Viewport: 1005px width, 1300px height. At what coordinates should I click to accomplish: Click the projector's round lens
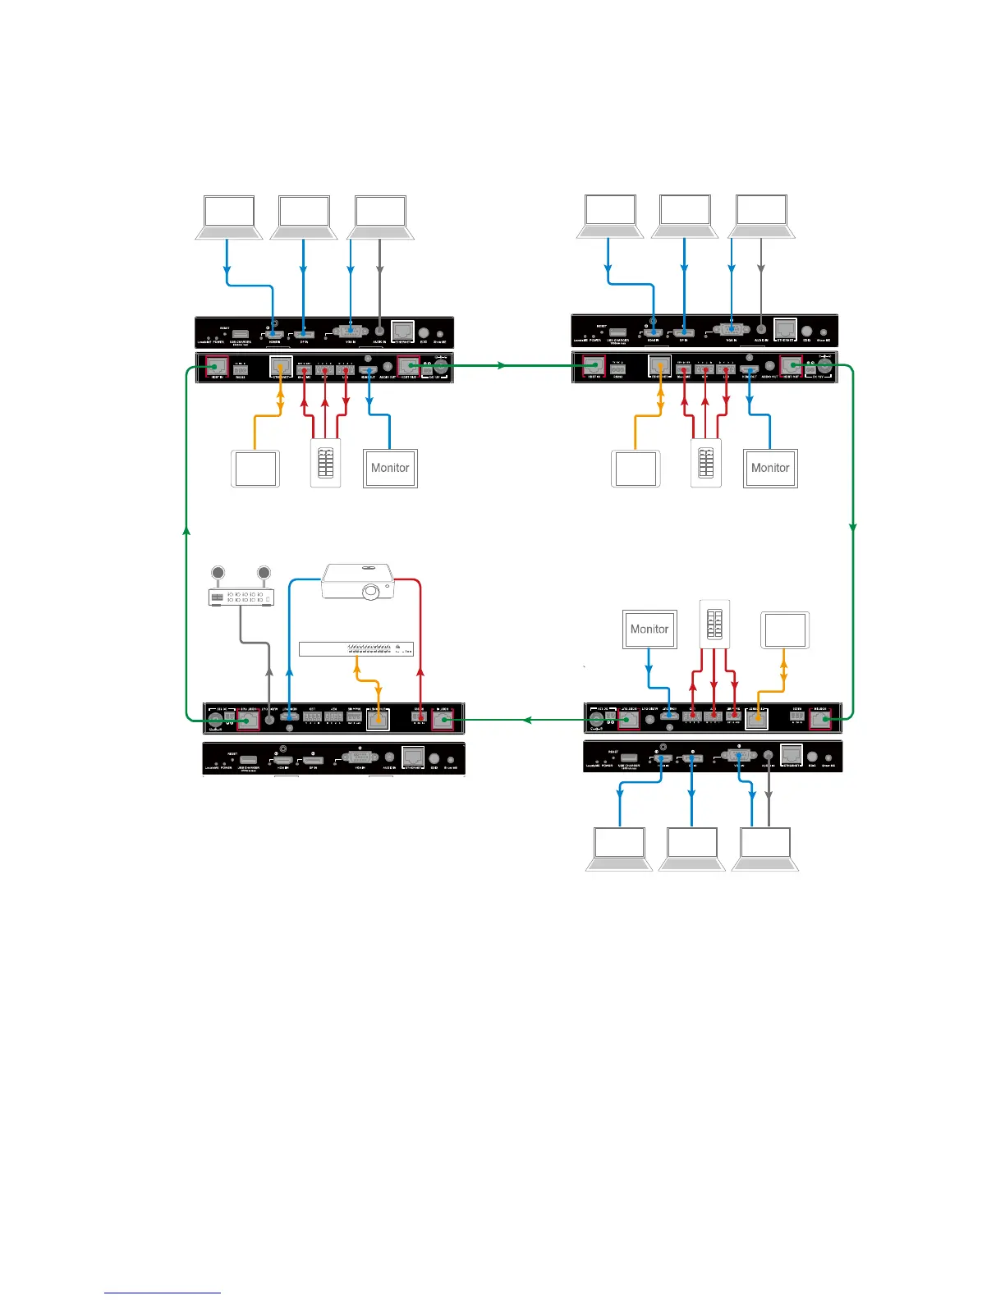coord(370,589)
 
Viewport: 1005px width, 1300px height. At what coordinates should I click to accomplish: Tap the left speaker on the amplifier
coord(218,574)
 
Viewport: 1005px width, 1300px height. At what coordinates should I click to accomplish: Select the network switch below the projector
coord(356,648)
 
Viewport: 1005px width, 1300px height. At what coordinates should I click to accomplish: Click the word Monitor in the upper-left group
coord(390,468)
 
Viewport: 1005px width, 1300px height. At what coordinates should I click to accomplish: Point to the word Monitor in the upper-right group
coord(770,468)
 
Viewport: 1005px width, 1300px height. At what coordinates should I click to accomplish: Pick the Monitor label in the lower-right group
coord(649,629)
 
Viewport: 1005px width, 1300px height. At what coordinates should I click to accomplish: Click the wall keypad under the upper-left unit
coord(325,464)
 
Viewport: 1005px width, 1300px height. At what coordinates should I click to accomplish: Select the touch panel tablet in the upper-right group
coord(636,469)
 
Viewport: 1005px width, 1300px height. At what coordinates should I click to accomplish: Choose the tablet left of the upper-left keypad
coord(255,469)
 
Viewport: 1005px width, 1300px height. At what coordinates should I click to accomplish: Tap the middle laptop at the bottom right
coord(692,849)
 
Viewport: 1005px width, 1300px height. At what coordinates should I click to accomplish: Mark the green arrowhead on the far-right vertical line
coord(853,527)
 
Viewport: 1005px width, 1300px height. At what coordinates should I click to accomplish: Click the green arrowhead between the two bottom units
coord(529,721)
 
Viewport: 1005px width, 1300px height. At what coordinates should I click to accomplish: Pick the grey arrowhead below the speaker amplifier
coord(269,671)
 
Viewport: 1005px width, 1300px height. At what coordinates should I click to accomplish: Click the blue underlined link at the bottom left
coord(163,1293)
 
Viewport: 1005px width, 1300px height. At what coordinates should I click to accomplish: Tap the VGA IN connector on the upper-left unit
coord(351,332)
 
